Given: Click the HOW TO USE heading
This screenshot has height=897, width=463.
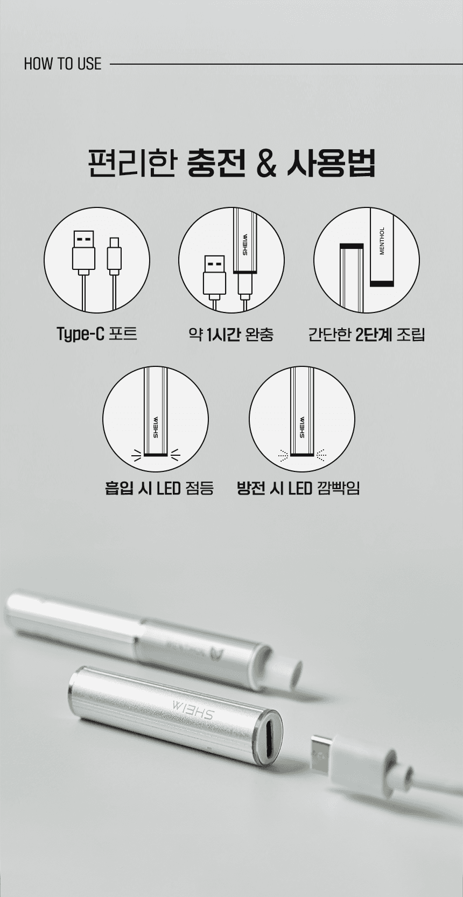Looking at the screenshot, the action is coord(63,64).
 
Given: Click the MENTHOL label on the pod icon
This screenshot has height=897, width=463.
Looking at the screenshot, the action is coord(381,241).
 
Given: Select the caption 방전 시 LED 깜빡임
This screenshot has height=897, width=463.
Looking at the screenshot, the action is coord(298,488).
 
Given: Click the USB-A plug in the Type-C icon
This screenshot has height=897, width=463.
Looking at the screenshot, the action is coord(83,252).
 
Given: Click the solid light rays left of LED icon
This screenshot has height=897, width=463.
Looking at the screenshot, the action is coord(136,454).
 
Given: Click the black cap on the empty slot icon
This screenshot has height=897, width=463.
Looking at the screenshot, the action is coord(352,246).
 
